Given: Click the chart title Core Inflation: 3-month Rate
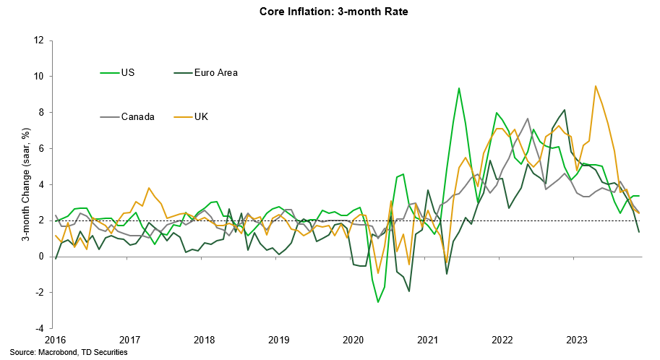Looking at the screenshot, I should pos(330,12).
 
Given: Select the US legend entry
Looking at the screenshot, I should pos(128,72).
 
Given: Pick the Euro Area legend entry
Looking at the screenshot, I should pos(216,72).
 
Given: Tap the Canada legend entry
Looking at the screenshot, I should pos(137,116).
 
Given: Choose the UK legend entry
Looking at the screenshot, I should pos(202,116).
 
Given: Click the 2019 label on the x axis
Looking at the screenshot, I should pos(279,340).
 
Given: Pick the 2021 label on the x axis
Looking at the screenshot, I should pos(429,340).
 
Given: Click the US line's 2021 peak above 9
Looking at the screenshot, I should pos(459,88).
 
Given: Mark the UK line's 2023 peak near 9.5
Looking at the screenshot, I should pos(596,86).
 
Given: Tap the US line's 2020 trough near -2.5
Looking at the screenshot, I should pos(377,301).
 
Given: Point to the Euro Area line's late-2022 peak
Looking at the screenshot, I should pos(565,110).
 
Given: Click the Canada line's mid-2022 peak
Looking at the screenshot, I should pos(528,119).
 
